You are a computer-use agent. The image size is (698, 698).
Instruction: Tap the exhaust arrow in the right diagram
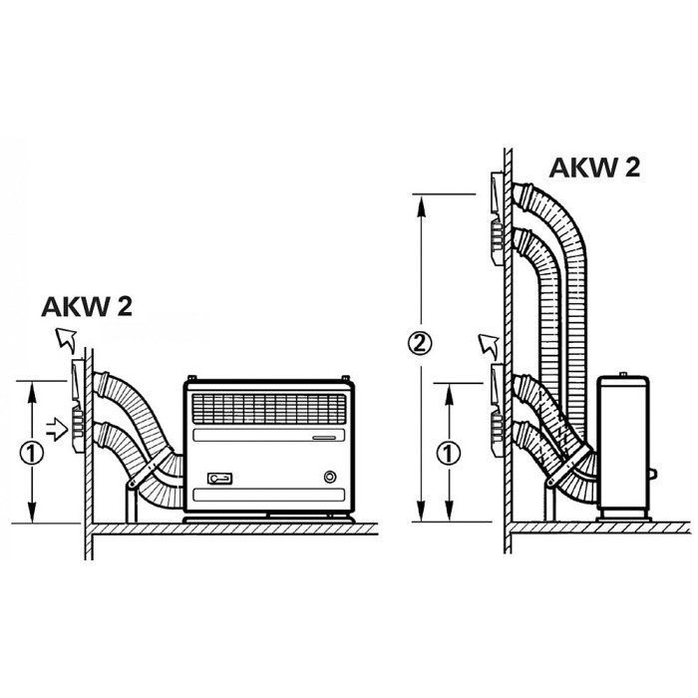pos(489,345)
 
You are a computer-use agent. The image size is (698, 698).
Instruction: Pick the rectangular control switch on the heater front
pos(218,479)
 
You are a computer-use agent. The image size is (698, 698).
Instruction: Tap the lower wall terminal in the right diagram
pos(497,410)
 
